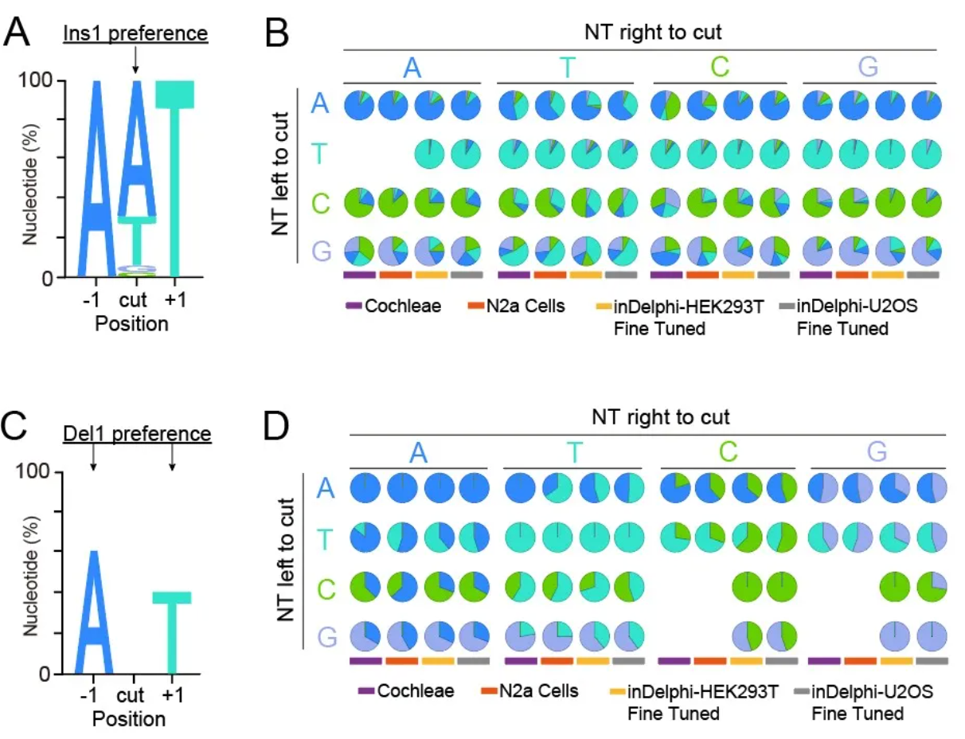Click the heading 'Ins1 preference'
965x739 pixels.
click(x=135, y=34)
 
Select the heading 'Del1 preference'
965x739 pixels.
click(x=137, y=435)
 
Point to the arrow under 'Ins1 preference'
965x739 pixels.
click(x=135, y=61)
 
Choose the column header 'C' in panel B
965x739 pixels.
click(x=720, y=68)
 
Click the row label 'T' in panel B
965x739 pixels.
click(x=319, y=152)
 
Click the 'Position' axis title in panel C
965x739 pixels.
click(x=129, y=718)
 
